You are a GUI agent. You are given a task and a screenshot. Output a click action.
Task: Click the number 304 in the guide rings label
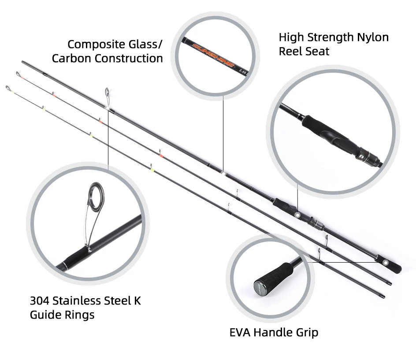click(40, 301)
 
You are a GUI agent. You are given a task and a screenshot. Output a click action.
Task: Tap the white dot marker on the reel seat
click(298, 215)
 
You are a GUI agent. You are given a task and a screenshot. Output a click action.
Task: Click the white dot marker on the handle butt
click(386, 262)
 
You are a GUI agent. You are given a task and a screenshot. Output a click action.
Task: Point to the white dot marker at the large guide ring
click(108, 106)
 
